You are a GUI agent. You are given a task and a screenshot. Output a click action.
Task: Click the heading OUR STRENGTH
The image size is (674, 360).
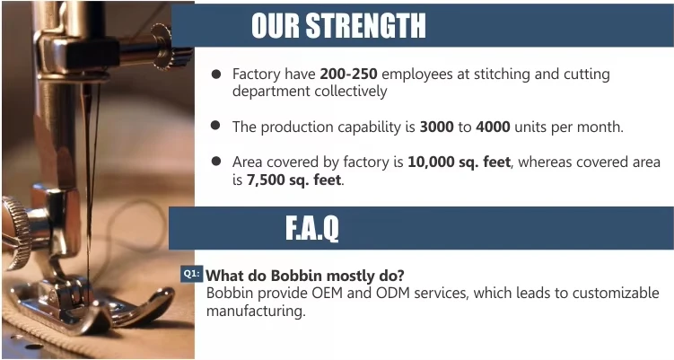(338, 25)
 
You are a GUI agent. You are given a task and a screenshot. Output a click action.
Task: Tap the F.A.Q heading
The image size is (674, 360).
(312, 228)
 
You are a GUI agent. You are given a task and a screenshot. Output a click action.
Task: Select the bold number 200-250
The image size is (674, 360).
(348, 74)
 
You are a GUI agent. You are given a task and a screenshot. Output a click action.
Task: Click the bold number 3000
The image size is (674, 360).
(436, 127)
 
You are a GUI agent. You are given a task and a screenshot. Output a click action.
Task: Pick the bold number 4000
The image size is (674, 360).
(493, 127)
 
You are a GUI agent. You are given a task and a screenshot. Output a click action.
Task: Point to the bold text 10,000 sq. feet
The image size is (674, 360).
(460, 162)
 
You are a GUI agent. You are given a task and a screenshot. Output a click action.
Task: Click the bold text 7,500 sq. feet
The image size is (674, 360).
(294, 180)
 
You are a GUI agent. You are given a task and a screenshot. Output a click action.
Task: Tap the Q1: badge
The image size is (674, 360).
(191, 274)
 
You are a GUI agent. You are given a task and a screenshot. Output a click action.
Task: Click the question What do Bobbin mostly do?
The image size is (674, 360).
(305, 276)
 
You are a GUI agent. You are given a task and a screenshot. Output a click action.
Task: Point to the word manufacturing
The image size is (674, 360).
(256, 311)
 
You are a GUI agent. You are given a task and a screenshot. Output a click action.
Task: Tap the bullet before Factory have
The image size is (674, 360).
(216, 74)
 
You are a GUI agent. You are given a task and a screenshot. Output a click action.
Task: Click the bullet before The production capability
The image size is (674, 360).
(215, 126)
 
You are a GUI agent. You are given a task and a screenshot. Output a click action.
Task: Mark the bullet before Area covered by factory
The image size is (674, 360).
(215, 162)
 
